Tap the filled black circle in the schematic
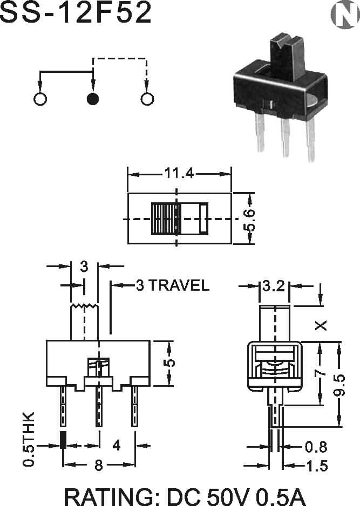[x=93, y=99]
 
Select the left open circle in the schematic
[x=40, y=99]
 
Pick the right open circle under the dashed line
[x=147, y=99]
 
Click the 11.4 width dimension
[x=180, y=174]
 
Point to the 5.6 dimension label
[x=249, y=220]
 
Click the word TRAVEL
[x=179, y=285]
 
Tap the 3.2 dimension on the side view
[x=274, y=285]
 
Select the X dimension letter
[x=321, y=325]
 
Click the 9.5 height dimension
[x=339, y=385]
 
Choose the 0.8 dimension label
[x=316, y=447]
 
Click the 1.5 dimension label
[x=317, y=466]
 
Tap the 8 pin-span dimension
[x=98, y=465]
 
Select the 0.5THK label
[x=29, y=439]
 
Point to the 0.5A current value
[x=280, y=497]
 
